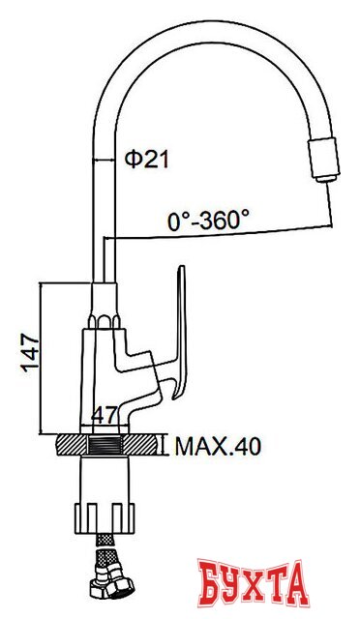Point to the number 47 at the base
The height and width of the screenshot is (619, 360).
point(104,417)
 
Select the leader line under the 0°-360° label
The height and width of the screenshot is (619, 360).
point(223,234)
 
